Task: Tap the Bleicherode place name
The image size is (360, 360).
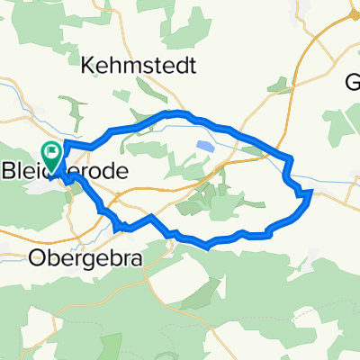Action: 67,171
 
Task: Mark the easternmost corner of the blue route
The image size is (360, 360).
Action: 310,192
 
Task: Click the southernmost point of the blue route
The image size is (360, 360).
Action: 208,244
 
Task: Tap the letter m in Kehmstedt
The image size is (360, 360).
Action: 129,67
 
